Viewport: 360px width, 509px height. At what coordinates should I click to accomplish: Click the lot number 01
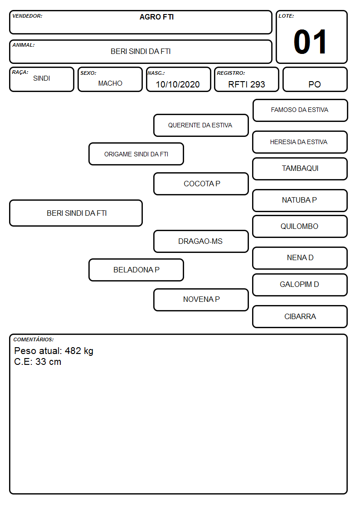(x=310, y=42)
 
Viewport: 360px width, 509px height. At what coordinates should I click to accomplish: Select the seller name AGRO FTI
(x=156, y=17)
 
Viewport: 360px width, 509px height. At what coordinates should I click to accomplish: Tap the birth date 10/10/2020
(x=178, y=84)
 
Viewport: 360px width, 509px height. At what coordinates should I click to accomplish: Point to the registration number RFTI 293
(x=246, y=84)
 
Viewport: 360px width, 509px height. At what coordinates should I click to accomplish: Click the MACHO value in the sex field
(x=110, y=83)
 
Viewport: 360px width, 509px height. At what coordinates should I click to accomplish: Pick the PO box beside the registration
(x=315, y=79)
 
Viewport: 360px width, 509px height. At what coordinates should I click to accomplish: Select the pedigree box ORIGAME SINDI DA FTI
(x=136, y=154)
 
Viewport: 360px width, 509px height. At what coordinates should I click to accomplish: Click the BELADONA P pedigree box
(x=136, y=270)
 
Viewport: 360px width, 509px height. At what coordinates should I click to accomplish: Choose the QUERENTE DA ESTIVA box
(x=201, y=125)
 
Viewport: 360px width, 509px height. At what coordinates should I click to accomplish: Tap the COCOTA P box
(x=201, y=184)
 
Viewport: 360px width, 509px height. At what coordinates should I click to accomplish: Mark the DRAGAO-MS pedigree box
(x=201, y=241)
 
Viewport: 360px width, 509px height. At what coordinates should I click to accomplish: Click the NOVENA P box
(x=201, y=300)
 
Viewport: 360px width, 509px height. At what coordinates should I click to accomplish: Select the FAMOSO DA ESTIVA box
(x=300, y=111)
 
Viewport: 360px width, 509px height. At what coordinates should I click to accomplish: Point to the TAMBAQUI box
(x=300, y=169)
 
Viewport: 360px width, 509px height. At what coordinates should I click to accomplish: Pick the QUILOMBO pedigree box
(x=300, y=226)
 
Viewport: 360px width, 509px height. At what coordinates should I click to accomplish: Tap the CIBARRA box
(x=300, y=316)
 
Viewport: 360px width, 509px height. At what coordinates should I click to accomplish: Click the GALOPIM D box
(x=300, y=285)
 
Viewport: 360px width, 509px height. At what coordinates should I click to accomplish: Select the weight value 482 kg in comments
(x=79, y=351)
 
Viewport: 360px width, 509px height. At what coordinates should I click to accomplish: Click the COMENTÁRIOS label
(x=34, y=339)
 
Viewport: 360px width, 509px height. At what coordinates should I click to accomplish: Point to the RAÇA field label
(x=20, y=73)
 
